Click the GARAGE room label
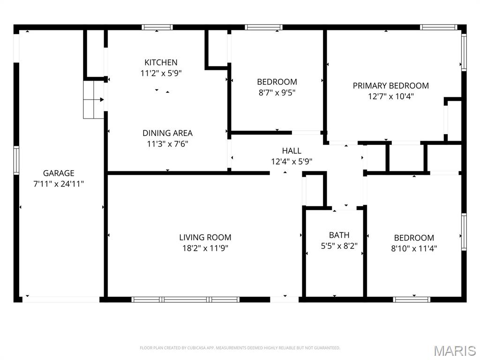click(59, 173)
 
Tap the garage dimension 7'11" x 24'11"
click(59, 184)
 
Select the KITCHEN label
click(161, 62)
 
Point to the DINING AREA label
click(167, 133)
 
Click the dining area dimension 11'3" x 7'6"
click(167, 144)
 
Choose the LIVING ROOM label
click(205, 237)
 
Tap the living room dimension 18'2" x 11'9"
click(205, 248)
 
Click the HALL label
click(292, 150)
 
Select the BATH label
click(339, 235)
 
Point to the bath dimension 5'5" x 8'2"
click(339, 246)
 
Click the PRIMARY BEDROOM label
click(390, 86)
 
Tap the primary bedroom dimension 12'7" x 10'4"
click(390, 97)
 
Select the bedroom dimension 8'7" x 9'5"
click(277, 92)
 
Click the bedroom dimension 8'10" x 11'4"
click(414, 248)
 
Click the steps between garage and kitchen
click(93, 99)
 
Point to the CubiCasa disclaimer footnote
click(240, 348)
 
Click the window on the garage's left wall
click(16, 161)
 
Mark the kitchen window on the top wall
click(157, 27)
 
